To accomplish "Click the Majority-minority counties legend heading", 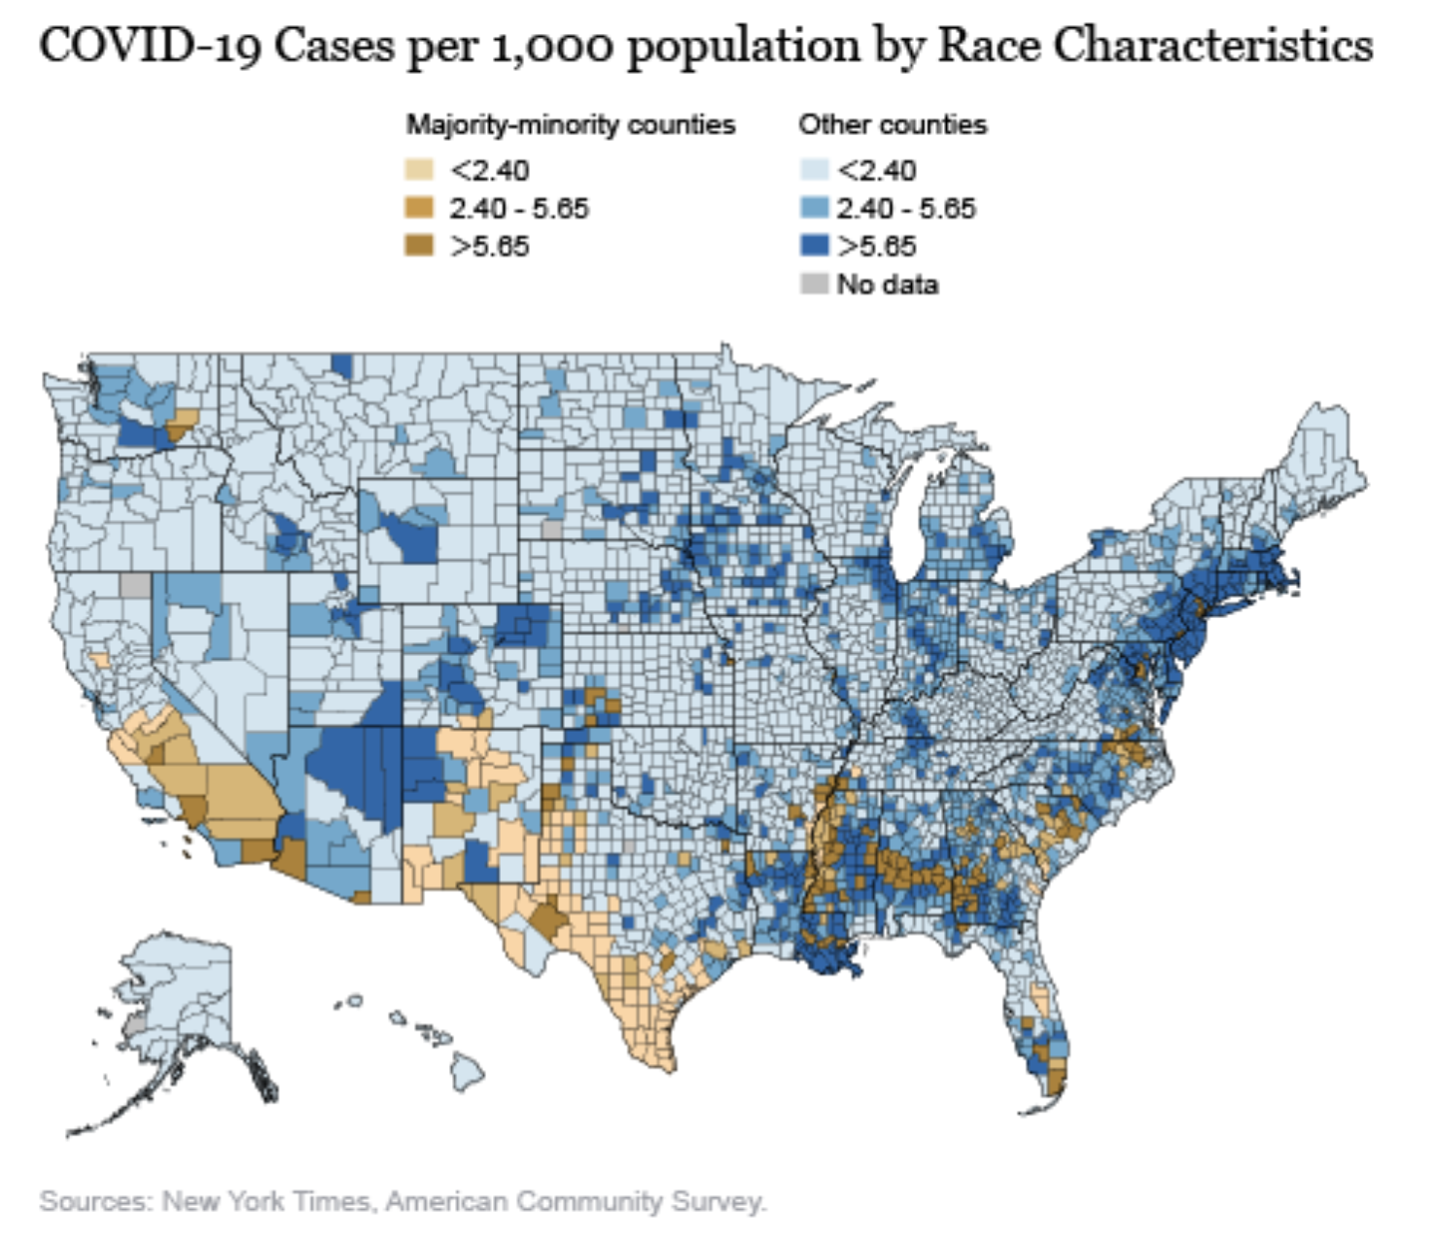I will (570, 124).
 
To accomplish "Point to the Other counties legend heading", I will (892, 124).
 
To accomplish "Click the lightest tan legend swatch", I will (419, 170).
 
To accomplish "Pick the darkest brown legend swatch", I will (419, 246).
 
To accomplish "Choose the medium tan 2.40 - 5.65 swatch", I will (419, 208).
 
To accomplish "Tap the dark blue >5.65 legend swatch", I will (814, 246).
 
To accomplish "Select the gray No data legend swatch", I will (814, 284).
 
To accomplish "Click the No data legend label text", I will (888, 285).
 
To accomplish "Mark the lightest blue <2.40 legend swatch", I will (814, 170).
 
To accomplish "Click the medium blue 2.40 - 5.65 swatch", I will (814, 208).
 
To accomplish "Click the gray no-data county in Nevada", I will (136, 585).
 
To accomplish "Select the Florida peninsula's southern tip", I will (1053, 1093).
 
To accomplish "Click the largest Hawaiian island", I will (467, 1072).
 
